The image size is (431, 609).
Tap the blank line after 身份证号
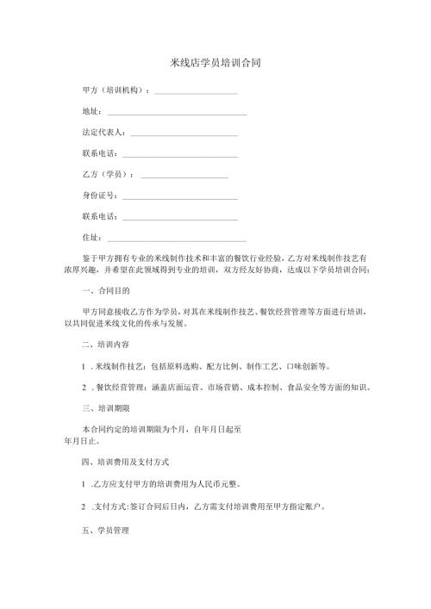[180, 196]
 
